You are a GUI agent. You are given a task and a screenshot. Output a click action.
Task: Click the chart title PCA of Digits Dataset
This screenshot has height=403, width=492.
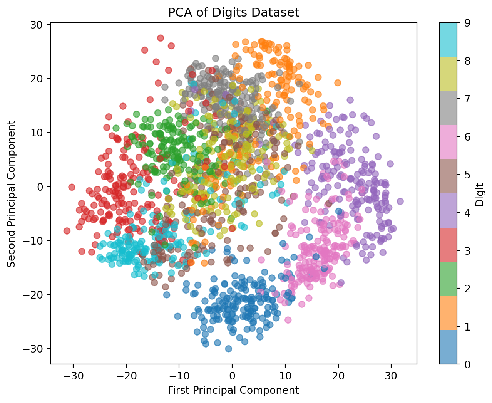point(233,13)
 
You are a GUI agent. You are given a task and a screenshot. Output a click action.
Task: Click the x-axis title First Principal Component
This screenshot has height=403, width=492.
point(233,390)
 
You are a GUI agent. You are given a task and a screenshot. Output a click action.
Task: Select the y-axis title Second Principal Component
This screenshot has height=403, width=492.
point(12,194)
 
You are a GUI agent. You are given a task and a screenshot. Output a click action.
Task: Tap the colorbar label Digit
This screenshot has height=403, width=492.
point(479,194)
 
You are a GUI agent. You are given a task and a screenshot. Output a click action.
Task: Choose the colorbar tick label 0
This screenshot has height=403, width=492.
point(467,364)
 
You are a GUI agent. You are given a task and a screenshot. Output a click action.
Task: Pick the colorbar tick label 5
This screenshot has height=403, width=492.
point(467,175)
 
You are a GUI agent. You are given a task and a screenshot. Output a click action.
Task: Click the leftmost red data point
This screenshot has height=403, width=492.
point(67,231)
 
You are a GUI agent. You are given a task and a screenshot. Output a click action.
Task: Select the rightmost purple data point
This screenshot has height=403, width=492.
point(400,201)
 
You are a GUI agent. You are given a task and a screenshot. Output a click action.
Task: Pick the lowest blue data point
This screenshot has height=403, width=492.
point(228,349)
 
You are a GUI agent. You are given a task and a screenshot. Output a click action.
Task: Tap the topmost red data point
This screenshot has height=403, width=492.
point(161,38)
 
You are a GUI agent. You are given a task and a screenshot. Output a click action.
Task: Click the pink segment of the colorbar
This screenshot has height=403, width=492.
point(448,142)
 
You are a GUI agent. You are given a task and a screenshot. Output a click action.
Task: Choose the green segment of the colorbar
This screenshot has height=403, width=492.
point(448,279)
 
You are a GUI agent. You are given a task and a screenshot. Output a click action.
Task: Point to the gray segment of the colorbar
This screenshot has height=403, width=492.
point(448,108)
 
